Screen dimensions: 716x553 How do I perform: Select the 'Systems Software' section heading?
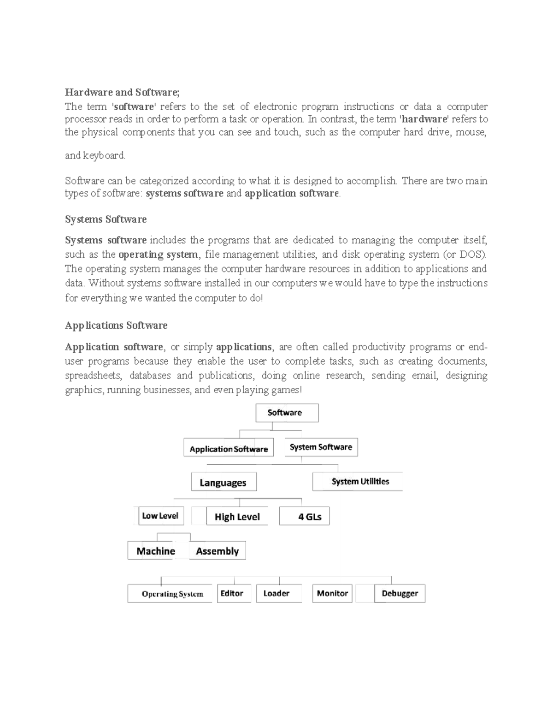click(106, 219)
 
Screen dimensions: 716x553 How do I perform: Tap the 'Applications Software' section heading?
click(116, 325)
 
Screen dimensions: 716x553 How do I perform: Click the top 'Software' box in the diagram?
click(287, 413)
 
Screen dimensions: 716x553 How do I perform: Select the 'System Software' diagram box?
click(321, 447)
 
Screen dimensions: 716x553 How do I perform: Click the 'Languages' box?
click(224, 483)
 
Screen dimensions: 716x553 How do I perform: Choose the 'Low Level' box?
click(161, 516)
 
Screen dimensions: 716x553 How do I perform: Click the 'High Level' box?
click(237, 517)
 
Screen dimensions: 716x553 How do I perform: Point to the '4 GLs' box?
click(305, 517)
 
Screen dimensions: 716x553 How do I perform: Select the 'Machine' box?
click(156, 551)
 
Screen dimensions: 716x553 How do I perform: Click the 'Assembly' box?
click(218, 551)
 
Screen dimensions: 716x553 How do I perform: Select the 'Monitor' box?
click(332, 593)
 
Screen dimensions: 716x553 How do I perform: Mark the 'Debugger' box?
click(400, 593)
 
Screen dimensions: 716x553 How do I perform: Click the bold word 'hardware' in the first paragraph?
click(424, 119)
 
